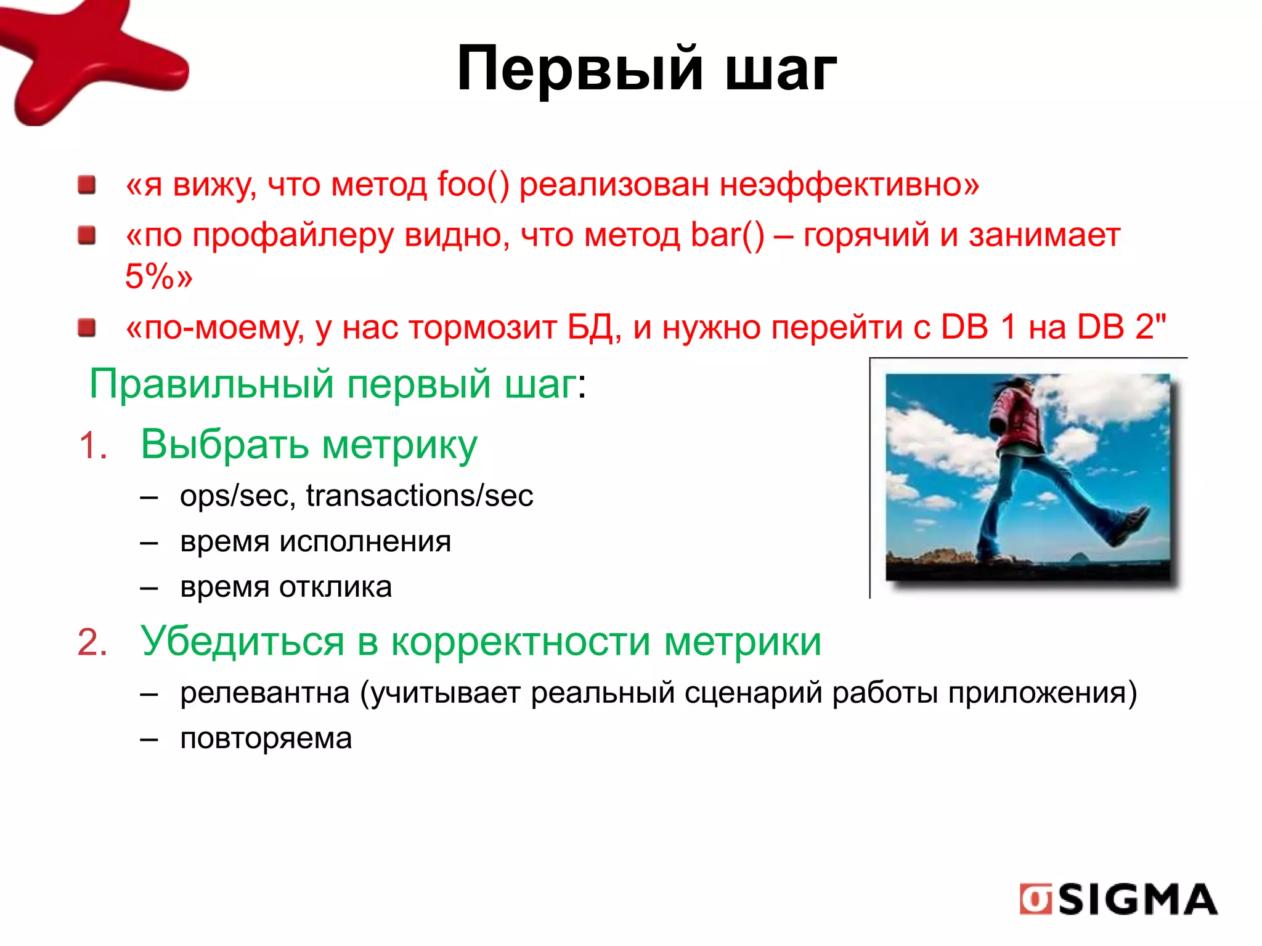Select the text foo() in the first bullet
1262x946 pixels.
tap(473, 184)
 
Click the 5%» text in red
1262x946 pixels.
tap(158, 276)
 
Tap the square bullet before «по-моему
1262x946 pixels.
tap(87, 328)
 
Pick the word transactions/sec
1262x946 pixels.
tap(419, 496)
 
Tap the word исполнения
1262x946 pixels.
tap(365, 541)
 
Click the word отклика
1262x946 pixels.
tap(335, 587)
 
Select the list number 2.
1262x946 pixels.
tap(92, 642)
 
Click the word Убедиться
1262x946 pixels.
tap(242, 642)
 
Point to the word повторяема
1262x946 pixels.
tap(266, 738)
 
